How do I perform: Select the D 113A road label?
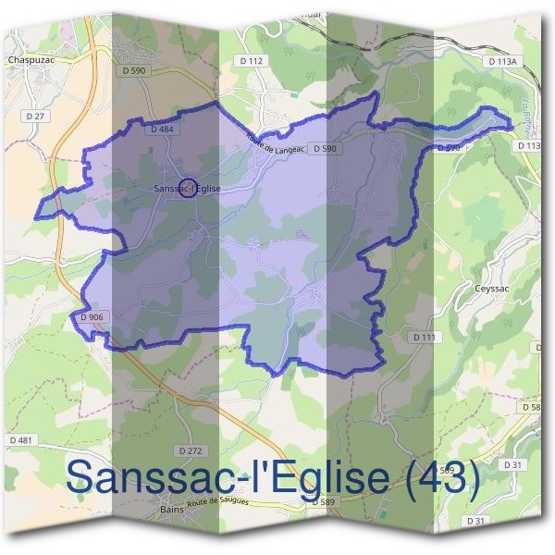click(x=503, y=61)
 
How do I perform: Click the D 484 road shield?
click(x=161, y=130)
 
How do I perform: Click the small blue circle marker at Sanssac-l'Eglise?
click(x=188, y=188)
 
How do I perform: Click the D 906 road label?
click(x=92, y=317)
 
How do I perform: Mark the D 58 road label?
click(x=531, y=407)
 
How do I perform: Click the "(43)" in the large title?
click(x=434, y=478)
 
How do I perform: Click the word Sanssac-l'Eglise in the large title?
click(x=232, y=478)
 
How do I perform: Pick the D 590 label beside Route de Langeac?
click(x=324, y=148)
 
